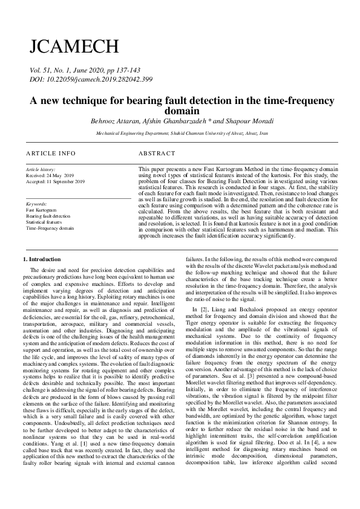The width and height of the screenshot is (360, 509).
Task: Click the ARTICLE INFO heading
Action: [51, 154]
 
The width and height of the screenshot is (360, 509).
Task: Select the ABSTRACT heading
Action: [157, 154]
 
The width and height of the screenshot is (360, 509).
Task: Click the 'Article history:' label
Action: [41, 170]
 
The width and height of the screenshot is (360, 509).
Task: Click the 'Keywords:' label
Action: [37, 204]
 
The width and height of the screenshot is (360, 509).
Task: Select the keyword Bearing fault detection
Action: [48, 216]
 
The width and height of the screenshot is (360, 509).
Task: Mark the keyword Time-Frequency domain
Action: [50, 228]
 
